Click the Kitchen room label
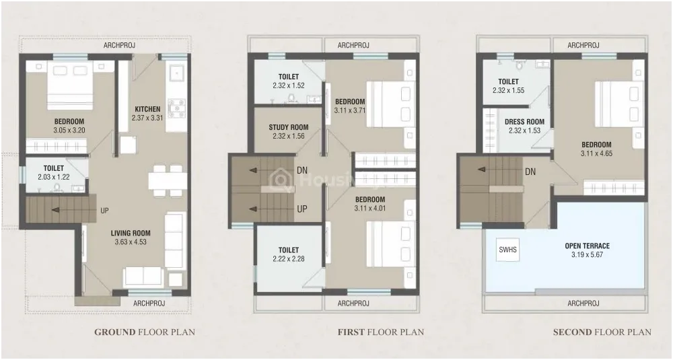147,109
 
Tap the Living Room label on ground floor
131,233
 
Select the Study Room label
289,127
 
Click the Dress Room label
524,122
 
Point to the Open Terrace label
587,246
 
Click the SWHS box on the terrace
507,249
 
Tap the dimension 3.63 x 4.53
131,242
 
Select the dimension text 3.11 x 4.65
596,153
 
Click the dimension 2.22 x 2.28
289,259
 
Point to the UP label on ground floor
105,211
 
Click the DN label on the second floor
530,172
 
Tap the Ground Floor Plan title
145,332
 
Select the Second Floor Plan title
602,332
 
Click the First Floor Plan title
381,332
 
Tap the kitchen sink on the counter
176,73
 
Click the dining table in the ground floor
168,180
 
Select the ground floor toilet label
54,168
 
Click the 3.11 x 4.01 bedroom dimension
370,208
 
